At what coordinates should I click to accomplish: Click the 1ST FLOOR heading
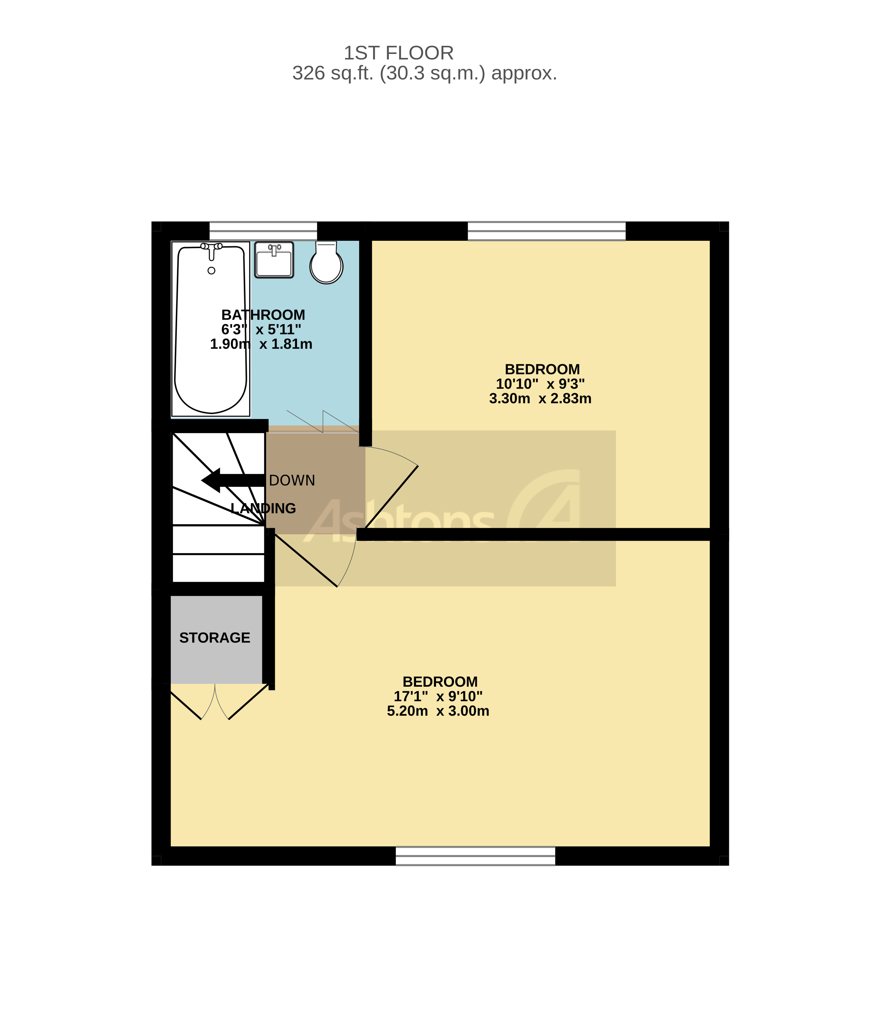click(398, 53)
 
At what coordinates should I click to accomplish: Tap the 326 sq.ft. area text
click(424, 73)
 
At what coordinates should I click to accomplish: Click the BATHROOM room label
click(263, 315)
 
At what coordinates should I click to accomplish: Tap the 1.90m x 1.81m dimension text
click(261, 344)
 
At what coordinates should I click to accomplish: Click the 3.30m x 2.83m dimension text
click(540, 398)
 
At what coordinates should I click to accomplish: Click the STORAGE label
click(215, 638)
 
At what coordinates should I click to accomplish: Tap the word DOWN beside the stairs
click(292, 481)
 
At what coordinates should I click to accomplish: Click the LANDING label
click(263, 509)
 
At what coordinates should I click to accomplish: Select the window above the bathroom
click(263, 231)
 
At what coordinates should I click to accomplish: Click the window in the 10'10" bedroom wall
click(547, 231)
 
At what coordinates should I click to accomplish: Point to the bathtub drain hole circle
click(212, 271)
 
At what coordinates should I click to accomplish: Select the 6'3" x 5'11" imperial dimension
click(261, 329)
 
